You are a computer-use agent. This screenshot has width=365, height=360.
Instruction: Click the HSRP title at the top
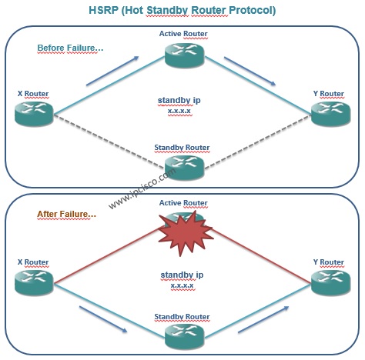(x=182, y=11)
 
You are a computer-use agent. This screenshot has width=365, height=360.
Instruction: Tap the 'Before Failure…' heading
(x=70, y=48)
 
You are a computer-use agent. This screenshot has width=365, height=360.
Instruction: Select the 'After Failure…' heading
(x=67, y=214)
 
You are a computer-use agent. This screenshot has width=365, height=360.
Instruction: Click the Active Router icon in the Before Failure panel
(x=184, y=55)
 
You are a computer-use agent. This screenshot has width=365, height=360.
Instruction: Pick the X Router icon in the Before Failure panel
(x=34, y=113)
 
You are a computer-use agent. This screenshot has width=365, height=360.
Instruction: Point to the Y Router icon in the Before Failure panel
(x=330, y=114)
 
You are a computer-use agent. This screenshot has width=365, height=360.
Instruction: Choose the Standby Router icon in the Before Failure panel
(x=184, y=167)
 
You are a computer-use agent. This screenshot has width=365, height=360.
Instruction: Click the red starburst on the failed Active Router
(x=186, y=233)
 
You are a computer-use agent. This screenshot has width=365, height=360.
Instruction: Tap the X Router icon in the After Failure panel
(x=34, y=282)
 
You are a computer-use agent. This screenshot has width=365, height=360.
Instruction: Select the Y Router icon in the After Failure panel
(x=330, y=283)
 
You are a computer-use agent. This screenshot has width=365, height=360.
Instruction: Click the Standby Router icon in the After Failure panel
(x=184, y=336)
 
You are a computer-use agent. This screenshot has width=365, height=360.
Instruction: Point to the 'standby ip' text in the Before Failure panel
(x=179, y=100)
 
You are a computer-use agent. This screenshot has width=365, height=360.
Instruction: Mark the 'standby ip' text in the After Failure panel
(x=182, y=275)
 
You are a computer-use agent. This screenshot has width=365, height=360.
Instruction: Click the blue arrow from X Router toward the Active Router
(x=112, y=71)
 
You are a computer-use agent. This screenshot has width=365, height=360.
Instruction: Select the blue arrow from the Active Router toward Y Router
(x=249, y=71)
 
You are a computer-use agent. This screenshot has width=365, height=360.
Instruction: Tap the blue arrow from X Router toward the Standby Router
(x=103, y=319)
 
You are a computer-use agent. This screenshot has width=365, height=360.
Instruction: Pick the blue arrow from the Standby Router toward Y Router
(x=263, y=319)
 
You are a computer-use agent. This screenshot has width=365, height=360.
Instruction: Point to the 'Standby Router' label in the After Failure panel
(x=182, y=317)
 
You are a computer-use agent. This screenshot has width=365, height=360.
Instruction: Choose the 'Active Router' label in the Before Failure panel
(x=183, y=34)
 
